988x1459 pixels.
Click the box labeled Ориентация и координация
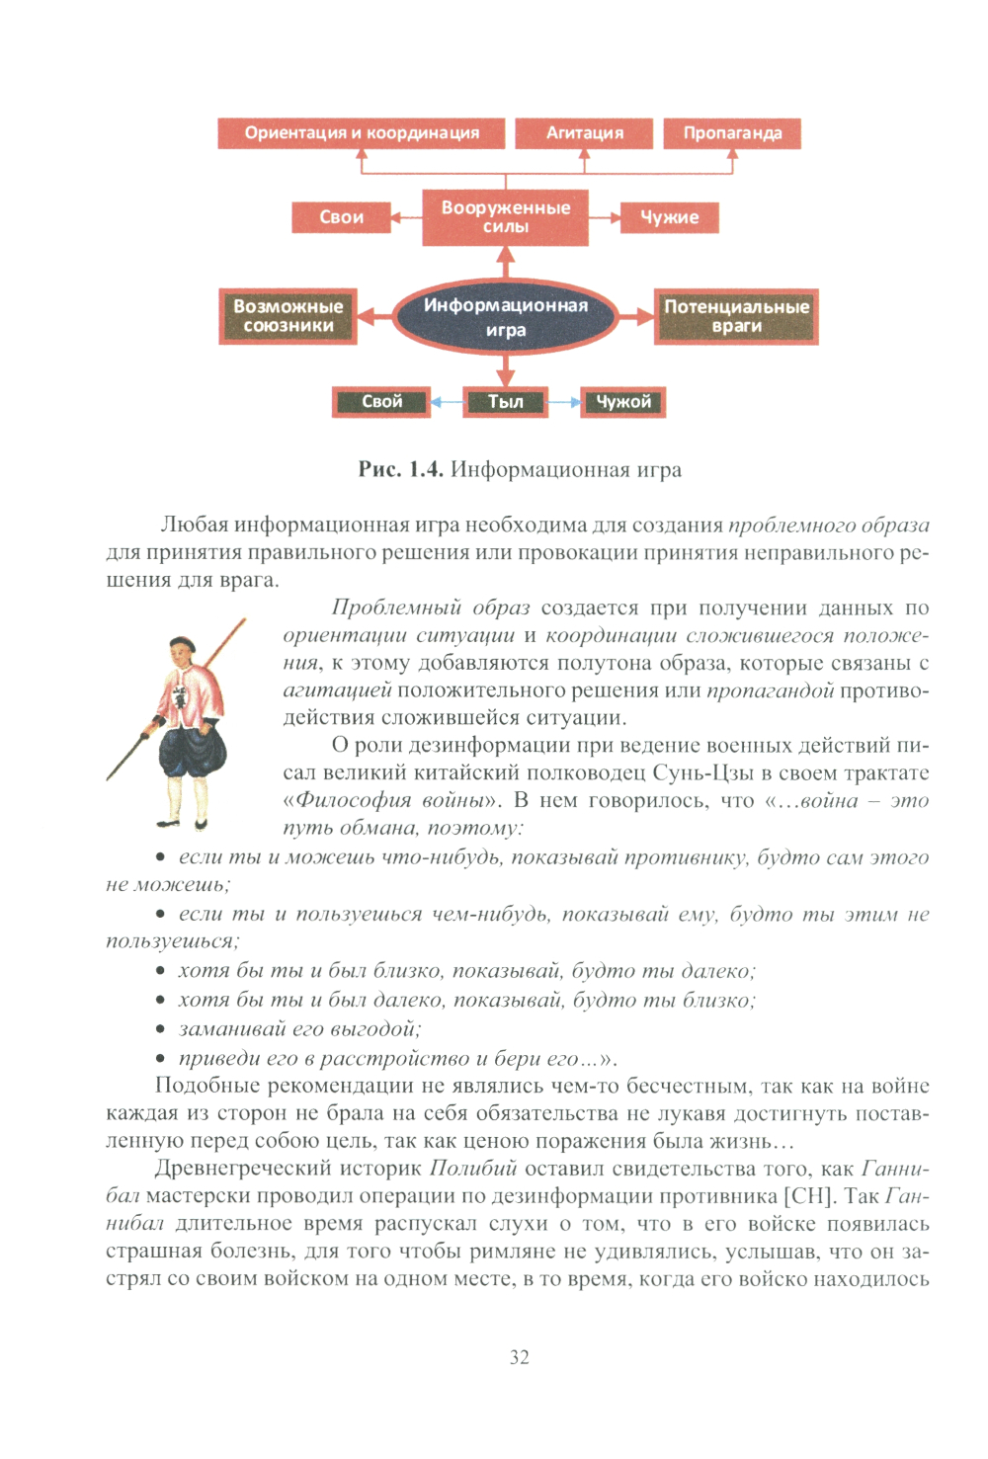[362, 133]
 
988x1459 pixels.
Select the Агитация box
[585, 133]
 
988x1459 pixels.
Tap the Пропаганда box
[732, 133]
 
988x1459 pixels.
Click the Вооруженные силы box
[506, 217]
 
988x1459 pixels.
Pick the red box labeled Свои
[341, 217]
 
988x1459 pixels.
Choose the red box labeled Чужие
[669, 217]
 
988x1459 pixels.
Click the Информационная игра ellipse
[506, 317]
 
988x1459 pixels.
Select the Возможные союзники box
[288, 316]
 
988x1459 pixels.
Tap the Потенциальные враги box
[736, 316]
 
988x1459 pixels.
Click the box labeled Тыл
[506, 402]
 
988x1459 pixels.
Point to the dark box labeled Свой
[381, 402]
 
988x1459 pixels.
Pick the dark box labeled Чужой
[623, 402]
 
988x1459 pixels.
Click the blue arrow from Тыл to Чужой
[564, 402]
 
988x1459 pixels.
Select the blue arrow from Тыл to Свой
[448, 402]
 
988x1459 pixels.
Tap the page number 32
[520, 1357]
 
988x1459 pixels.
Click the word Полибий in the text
[473, 1169]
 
